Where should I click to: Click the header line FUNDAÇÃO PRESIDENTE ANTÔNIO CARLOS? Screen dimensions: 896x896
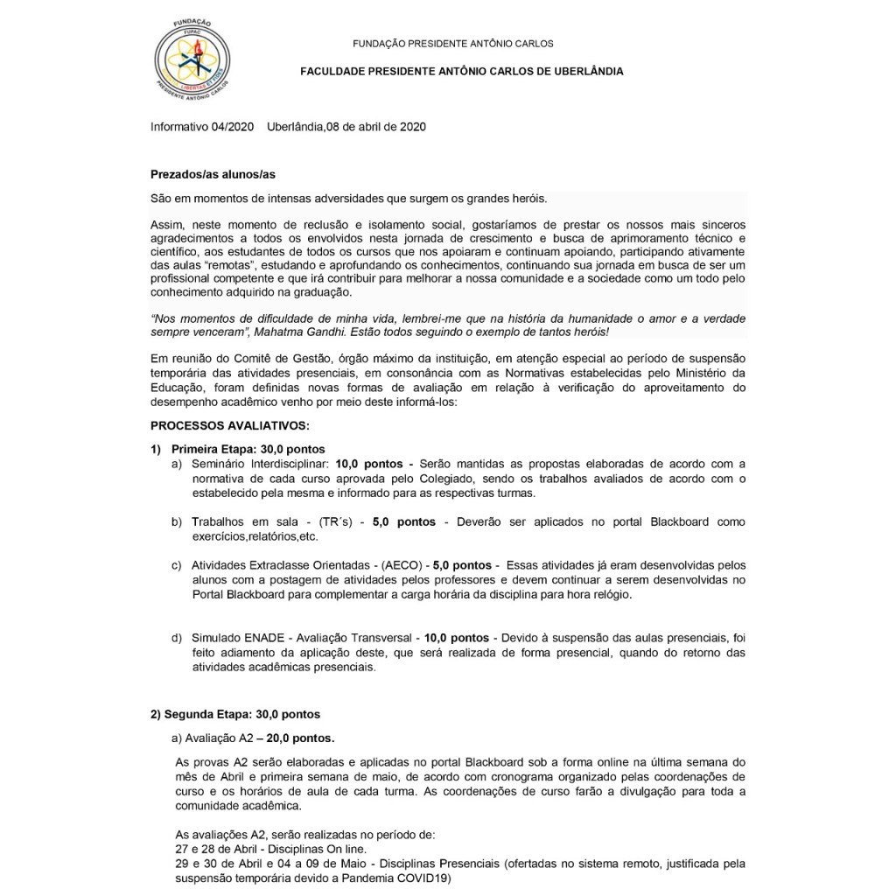452,44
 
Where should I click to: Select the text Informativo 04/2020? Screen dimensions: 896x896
202,127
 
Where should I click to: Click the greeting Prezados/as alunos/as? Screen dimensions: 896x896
206,175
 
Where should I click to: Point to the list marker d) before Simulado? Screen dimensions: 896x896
178,638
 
